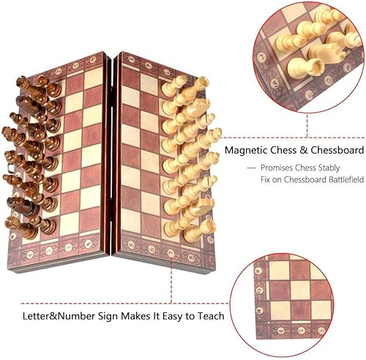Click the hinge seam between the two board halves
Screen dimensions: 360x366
tap(112, 154)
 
